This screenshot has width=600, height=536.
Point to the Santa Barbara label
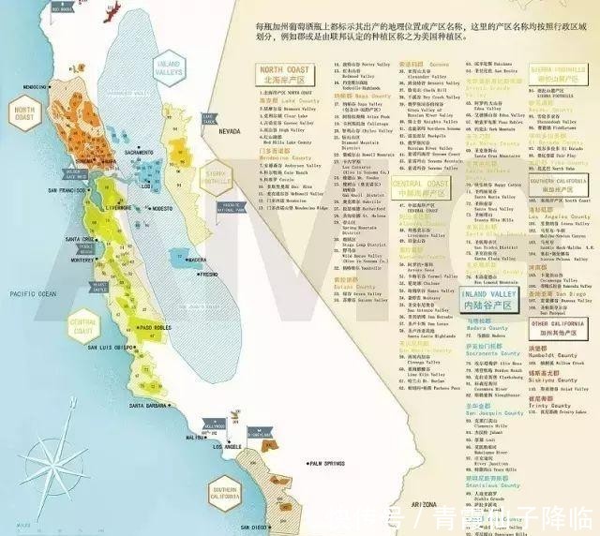149,405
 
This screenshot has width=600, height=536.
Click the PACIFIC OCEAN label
29,294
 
